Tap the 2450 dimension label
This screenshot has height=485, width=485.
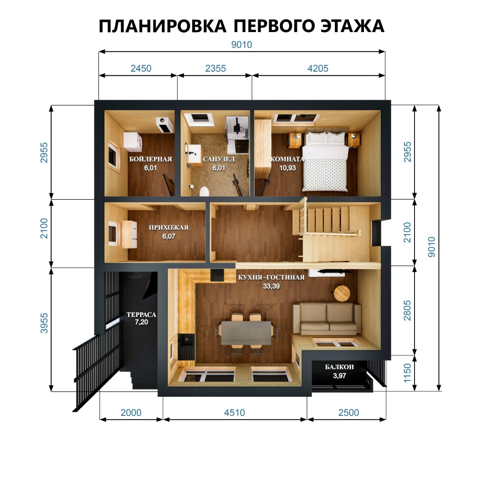tap(141, 68)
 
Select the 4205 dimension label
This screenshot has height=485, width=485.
tap(318, 68)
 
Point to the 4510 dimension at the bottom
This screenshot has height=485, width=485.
tap(234, 413)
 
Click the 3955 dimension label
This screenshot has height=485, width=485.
tap(44, 323)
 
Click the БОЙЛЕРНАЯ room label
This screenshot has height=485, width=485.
tap(150, 159)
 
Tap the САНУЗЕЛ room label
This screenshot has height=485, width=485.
tap(219, 159)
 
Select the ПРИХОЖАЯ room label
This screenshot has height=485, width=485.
tap(169, 228)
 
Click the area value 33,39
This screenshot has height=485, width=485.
tap(271, 286)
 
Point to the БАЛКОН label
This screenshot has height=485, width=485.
tap(340, 367)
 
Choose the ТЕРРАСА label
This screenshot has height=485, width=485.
tap(141, 315)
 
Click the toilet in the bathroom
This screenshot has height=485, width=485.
tap(204, 192)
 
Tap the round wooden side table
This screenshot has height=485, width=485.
tap(342, 293)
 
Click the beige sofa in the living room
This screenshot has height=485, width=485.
tap(327, 319)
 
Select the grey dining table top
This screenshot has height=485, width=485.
tap(246, 333)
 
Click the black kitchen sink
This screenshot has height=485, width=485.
tap(186, 340)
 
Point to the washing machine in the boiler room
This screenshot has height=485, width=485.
tap(133, 142)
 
